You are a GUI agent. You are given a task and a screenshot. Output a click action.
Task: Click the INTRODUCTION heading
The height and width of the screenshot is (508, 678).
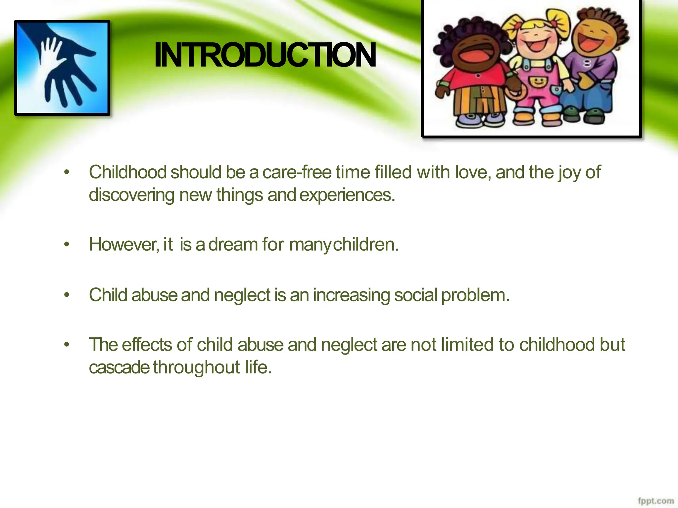click(x=265, y=55)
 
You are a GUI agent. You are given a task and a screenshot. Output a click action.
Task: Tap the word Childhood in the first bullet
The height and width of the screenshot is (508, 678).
click(x=128, y=172)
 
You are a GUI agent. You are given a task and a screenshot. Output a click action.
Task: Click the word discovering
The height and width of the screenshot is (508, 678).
click(x=131, y=195)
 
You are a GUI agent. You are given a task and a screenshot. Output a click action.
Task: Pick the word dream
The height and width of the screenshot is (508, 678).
click(x=233, y=244)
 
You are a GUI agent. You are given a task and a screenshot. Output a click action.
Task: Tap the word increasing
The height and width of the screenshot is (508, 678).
click(x=351, y=295)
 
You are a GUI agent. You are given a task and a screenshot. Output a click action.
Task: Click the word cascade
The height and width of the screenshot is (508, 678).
click(x=119, y=367)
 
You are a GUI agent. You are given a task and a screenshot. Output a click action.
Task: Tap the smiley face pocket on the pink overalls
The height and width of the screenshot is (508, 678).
click(x=539, y=82)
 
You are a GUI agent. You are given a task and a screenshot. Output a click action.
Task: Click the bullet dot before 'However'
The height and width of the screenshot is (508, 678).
click(x=67, y=245)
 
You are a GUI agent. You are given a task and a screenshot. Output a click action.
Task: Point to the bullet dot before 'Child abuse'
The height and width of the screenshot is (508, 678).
click(x=67, y=295)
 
